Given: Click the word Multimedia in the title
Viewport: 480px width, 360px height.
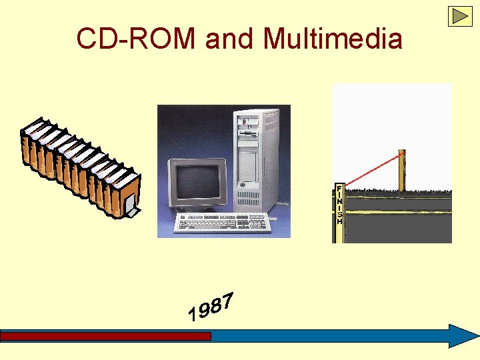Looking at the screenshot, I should [x=333, y=39].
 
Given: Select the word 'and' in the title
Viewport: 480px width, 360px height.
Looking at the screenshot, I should [x=231, y=39].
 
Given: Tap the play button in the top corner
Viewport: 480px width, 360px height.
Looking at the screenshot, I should [x=460, y=16].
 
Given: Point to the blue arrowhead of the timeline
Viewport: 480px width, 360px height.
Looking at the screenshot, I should [x=462, y=336].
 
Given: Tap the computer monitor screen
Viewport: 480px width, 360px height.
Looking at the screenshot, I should [x=197, y=181].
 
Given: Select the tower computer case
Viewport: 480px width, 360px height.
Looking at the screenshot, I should [x=256, y=157].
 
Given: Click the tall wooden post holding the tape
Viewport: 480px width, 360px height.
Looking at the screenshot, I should [x=402, y=171].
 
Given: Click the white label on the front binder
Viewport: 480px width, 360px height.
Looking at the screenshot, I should [x=132, y=212].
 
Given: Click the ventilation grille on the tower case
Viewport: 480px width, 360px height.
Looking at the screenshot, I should [x=248, y=197].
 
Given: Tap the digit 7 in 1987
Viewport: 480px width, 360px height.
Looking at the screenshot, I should [x=228, y=301].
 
